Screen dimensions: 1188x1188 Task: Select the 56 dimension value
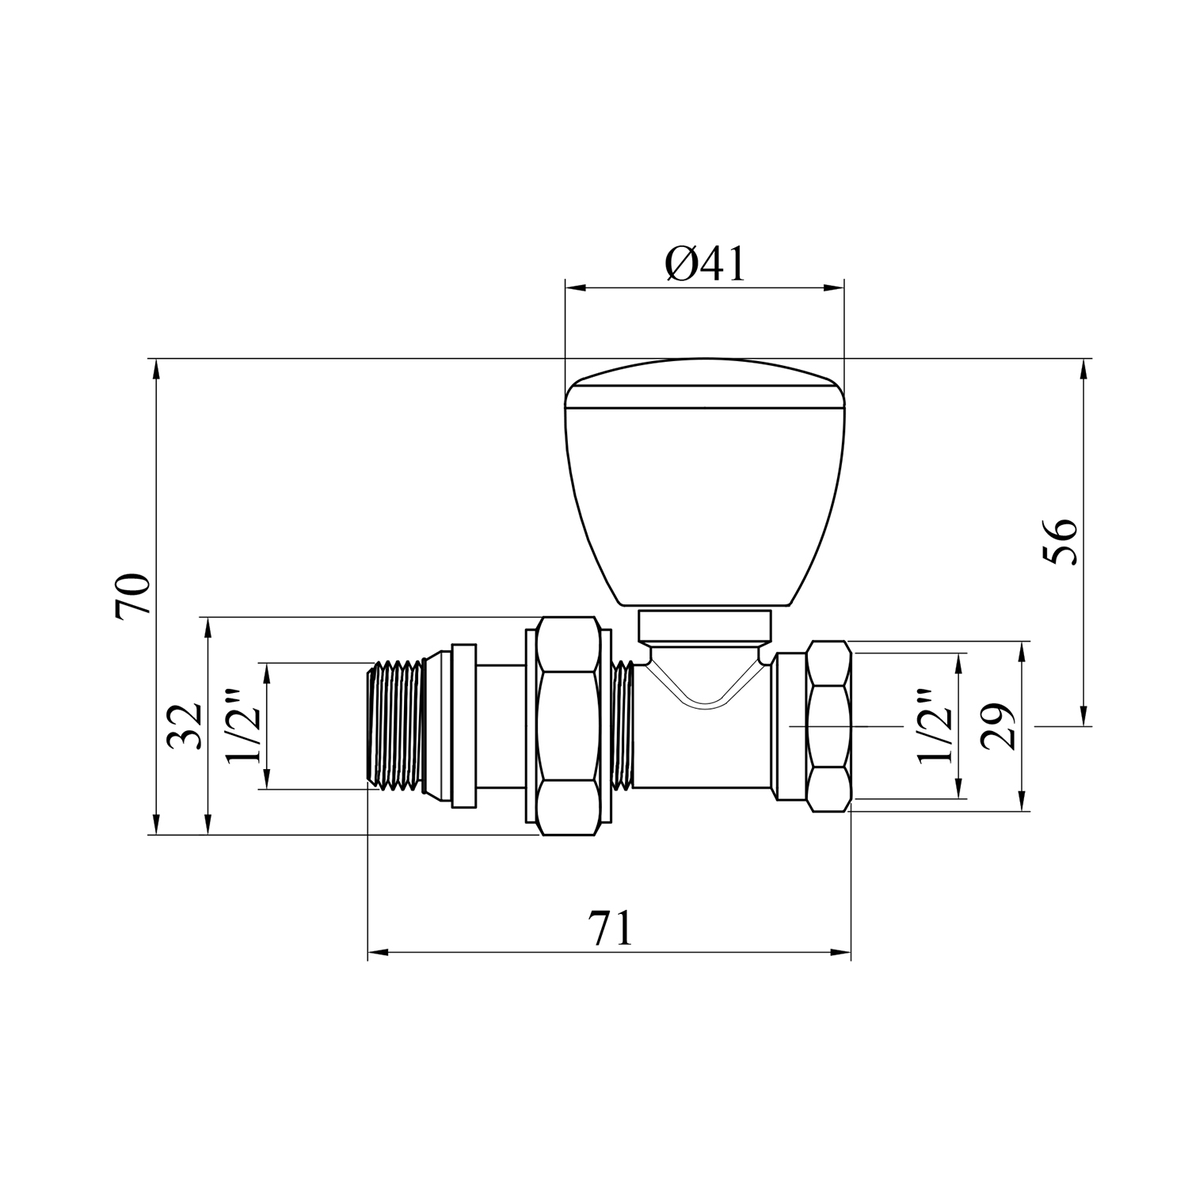[1060, 542]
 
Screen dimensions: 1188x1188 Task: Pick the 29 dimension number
[996, 726]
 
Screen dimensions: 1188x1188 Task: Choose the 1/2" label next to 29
[935, 727]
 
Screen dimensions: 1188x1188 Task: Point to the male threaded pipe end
[396, 725]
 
